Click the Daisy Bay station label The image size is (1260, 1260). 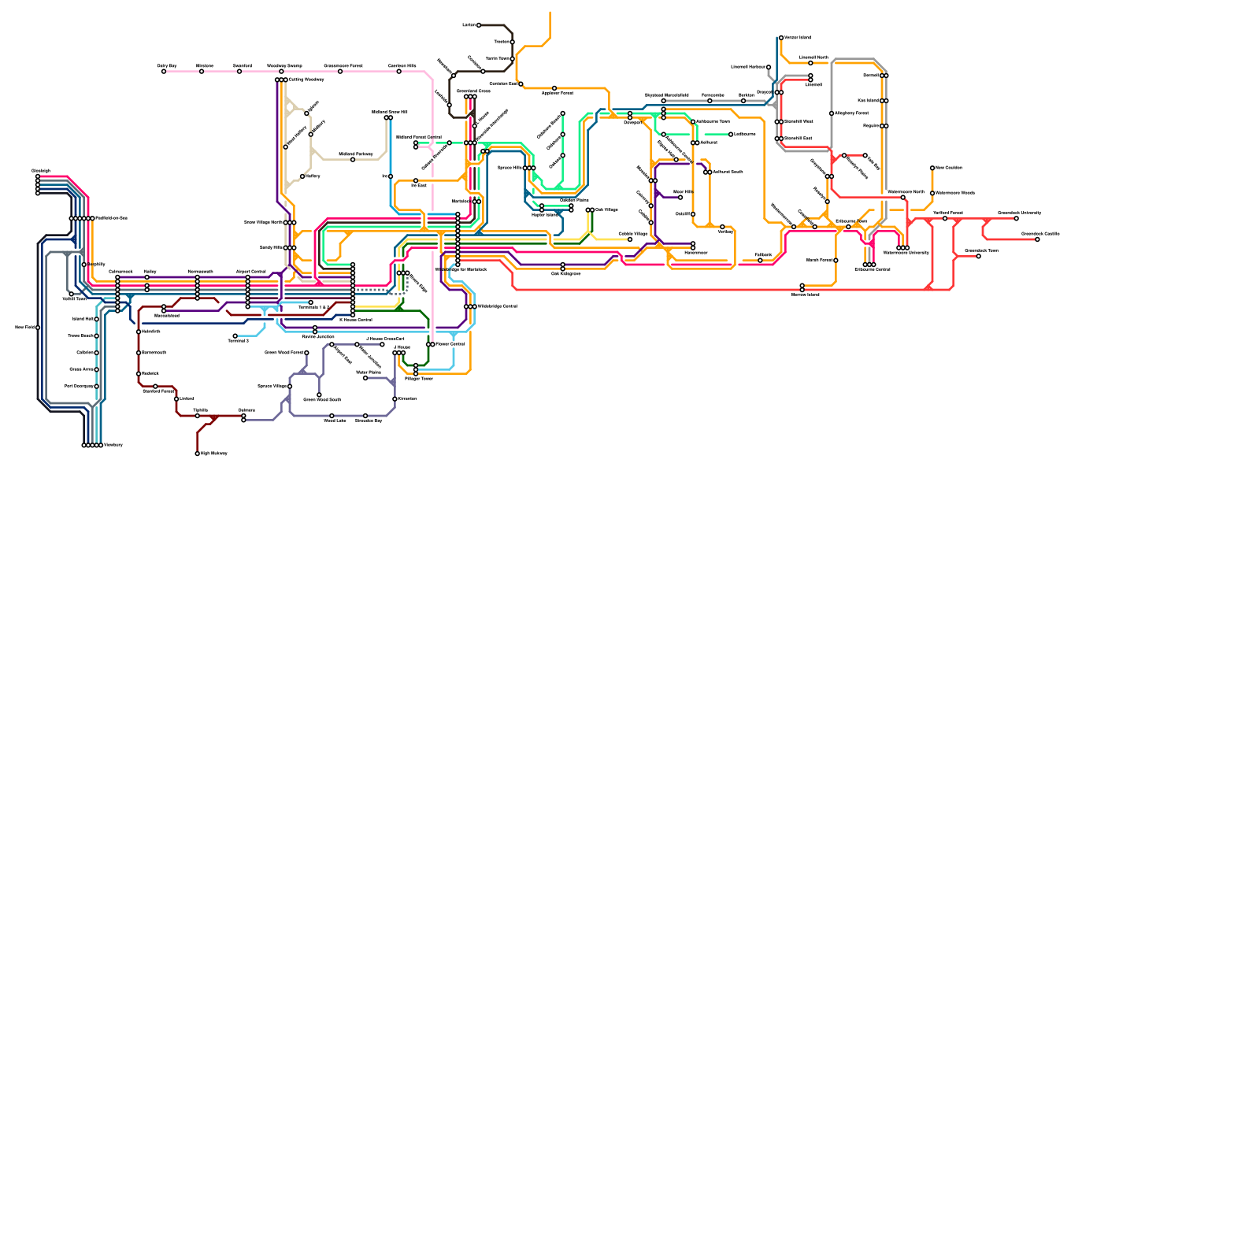coord(167,66)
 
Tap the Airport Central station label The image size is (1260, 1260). coord(250,271)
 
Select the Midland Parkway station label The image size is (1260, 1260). coord(356,154)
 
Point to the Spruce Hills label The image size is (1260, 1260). coord(510,168)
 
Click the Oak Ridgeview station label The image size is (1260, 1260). coord(565,274)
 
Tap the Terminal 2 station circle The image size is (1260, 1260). coord(235,336)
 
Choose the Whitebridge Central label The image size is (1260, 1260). coord(497,306)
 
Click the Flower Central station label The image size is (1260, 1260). coord(450,344)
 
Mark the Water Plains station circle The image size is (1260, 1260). coord(365,378)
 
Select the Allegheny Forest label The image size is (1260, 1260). coord(851,113)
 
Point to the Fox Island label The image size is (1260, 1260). coord(868,101)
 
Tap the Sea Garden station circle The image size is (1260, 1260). coord(932,168)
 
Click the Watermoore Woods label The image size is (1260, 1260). coord(955,193)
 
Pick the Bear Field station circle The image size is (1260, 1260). coord(38,328)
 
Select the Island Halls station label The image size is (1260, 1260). coord(83,319)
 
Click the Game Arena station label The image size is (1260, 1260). coord(81,369)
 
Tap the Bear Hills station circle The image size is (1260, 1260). coord(680,197)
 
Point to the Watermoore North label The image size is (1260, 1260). coord(906,192)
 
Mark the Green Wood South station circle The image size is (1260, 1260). coord(319,395)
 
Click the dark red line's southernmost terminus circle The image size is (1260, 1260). coord(198,454)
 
